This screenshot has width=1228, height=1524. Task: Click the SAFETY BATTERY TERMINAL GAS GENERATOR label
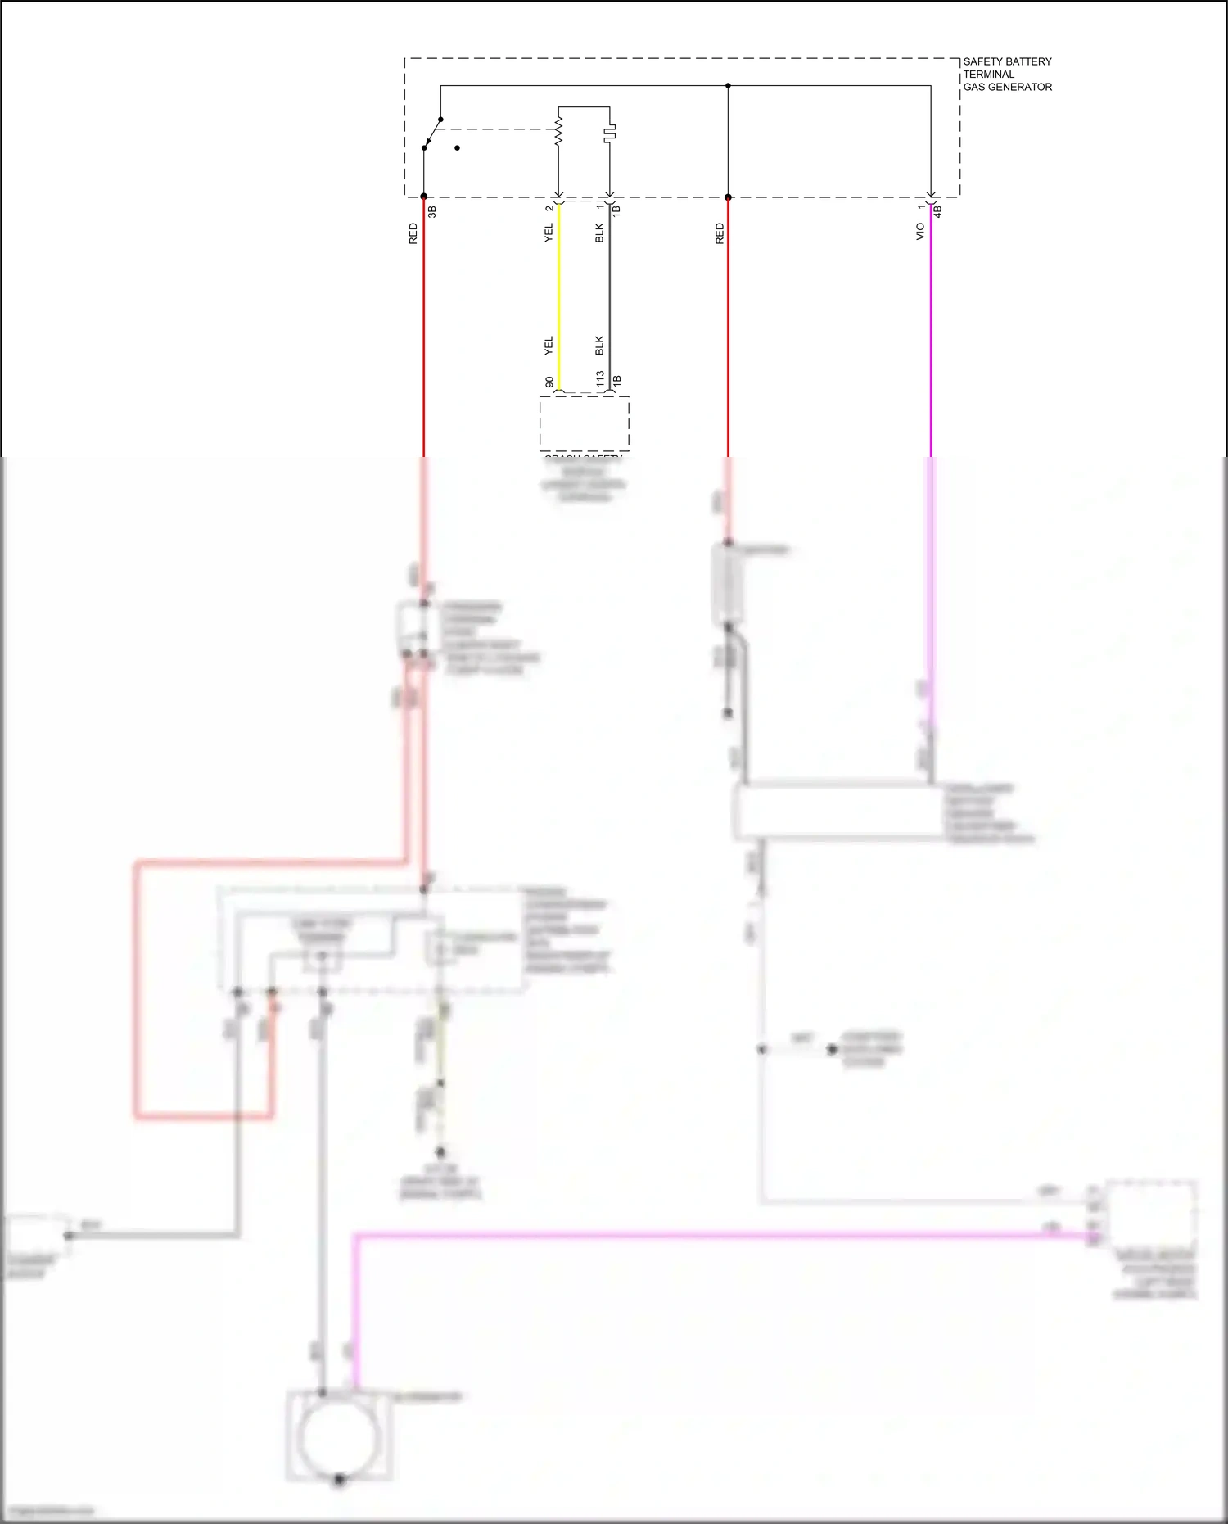[1007, 74]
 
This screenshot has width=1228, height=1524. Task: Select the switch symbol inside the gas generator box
[431, 133]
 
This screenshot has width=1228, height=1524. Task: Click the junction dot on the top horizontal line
[728, 86]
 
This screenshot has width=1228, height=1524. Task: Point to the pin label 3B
[432, 211]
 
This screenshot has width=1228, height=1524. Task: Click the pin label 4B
[938, 211]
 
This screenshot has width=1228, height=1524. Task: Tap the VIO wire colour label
[920, 232]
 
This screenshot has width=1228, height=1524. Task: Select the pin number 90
[549, 382]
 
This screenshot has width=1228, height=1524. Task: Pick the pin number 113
[600, 379]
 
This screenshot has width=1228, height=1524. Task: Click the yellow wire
[559, 295]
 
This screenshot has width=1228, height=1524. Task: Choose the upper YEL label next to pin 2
[549, 233]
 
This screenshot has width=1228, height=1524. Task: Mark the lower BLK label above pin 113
[599, 346]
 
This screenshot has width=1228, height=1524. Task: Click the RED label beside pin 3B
[413, 233]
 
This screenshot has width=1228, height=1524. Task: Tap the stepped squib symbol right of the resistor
[610, 132]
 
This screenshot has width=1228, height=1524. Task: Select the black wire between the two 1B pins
[609, 295]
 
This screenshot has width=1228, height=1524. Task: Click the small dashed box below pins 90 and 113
[584, 423]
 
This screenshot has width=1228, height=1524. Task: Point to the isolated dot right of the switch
[457, 148]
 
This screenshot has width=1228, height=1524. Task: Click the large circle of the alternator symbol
[339, 1437]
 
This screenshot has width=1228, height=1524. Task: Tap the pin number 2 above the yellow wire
[549, 208]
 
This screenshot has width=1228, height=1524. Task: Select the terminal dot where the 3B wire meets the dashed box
[423, 197]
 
